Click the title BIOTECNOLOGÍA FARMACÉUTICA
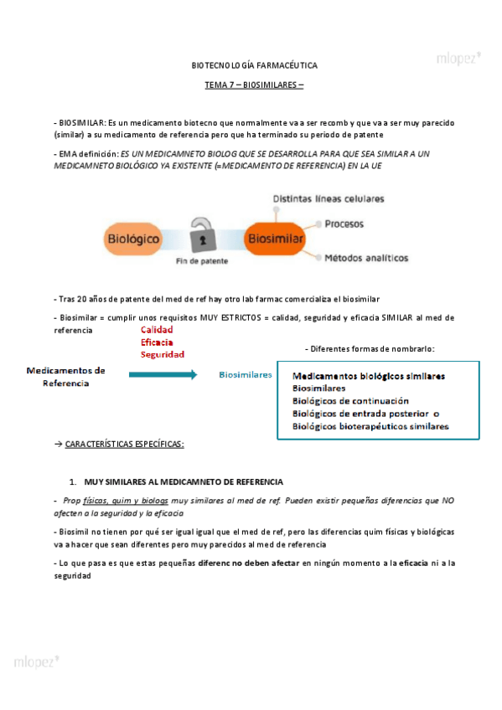point(255,64)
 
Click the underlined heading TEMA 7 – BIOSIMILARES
point(255,85)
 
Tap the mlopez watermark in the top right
point(458,58)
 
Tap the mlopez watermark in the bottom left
point(36,661)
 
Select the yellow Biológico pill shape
point(133,239)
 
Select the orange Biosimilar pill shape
point(274,239)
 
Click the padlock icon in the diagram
point(202,237)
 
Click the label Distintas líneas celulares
point(329,198)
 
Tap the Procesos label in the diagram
point(344,224)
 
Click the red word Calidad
point(157,330)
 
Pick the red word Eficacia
point(158,342)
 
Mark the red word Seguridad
point(162,354)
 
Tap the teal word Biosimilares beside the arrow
point(246,375)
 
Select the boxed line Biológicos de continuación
point(350,401)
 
